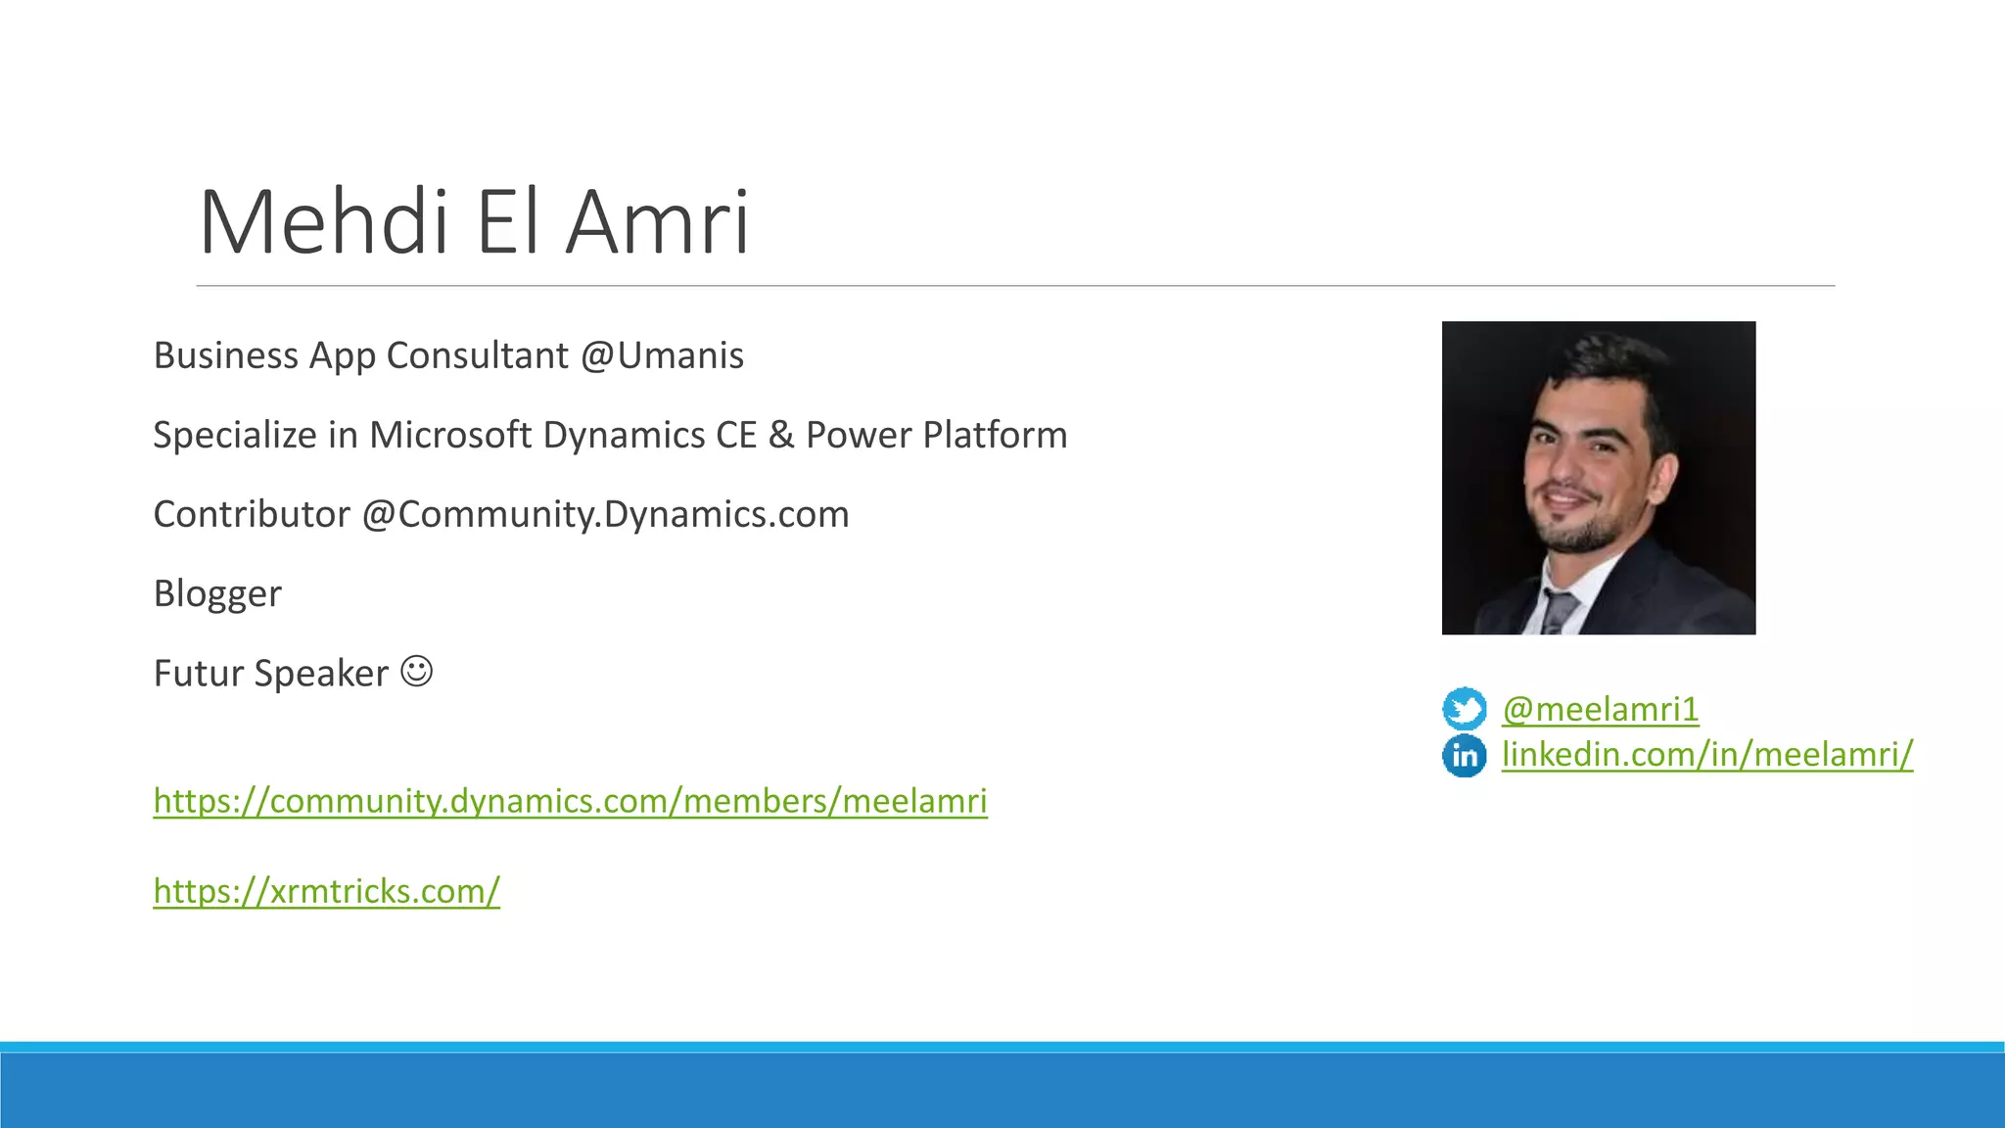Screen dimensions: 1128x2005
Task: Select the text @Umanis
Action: (x=662, y=355)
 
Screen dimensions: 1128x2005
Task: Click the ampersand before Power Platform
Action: (x=781, y=435)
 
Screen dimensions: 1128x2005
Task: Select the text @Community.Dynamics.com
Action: (x=605, y=514)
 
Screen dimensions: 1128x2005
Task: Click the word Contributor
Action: (x=252, y=514)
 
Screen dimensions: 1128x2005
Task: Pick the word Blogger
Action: (x=217, y=594)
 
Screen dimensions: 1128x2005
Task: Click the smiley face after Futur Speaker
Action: (x=417, y=672)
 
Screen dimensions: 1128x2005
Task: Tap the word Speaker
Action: (x=321, y=674)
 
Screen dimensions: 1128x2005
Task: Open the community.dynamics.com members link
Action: (x=570, y=801)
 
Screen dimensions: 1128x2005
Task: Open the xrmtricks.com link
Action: (x=326, y=891)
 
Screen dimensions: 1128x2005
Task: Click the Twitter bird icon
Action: (x=1464, y=708)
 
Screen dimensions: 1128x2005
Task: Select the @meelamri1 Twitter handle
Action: (x=1601, y=709)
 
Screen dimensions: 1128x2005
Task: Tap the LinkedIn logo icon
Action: (x=1464, y=755)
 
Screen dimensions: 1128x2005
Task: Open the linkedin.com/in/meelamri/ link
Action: (x=1707, y=754)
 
